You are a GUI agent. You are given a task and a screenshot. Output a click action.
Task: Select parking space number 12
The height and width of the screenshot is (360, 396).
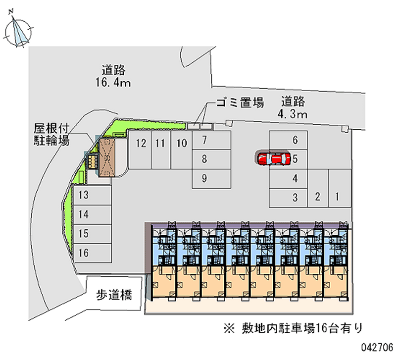click(140, 150)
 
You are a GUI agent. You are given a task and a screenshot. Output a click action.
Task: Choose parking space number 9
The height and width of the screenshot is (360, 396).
click(211, 179)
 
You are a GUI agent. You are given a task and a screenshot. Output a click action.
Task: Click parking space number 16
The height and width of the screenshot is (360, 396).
click(92, 253)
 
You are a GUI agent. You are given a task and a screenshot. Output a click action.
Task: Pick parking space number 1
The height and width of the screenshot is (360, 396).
click(340, 188)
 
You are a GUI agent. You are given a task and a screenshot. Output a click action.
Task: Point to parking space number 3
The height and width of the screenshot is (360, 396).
click(288, 198)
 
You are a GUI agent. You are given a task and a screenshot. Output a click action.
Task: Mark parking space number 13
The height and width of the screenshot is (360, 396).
click(92, 196)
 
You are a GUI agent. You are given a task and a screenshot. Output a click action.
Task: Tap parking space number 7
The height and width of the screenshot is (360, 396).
click(211, 140)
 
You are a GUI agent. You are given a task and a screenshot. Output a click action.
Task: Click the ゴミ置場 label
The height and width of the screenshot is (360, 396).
click(240, 103)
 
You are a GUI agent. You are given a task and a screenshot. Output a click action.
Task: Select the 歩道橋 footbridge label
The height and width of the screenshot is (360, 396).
click(114, 295)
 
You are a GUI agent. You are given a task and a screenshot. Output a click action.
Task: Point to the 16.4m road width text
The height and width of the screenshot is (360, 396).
click(113, 82)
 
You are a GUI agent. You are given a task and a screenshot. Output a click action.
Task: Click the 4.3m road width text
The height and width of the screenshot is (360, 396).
click(293, 114)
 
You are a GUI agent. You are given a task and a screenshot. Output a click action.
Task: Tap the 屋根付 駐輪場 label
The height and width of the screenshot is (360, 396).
click(51, 134)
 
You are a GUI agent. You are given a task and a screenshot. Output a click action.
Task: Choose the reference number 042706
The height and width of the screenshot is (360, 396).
click(377, 347)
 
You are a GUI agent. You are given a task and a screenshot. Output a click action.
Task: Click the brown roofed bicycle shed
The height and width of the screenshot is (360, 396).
click(107, 157)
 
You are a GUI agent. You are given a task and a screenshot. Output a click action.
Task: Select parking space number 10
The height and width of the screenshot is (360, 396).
click(181, 150)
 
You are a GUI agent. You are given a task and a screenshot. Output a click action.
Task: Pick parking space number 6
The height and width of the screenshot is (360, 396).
click(288, 140)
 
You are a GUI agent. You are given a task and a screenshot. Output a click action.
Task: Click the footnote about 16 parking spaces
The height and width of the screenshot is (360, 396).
click(293, 328)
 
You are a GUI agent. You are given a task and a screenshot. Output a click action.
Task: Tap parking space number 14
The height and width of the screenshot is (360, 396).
click(92, 215)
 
